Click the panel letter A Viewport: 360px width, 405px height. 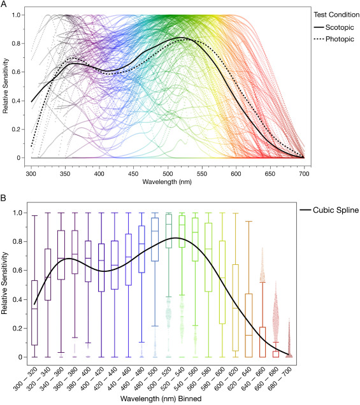[4, 4]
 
